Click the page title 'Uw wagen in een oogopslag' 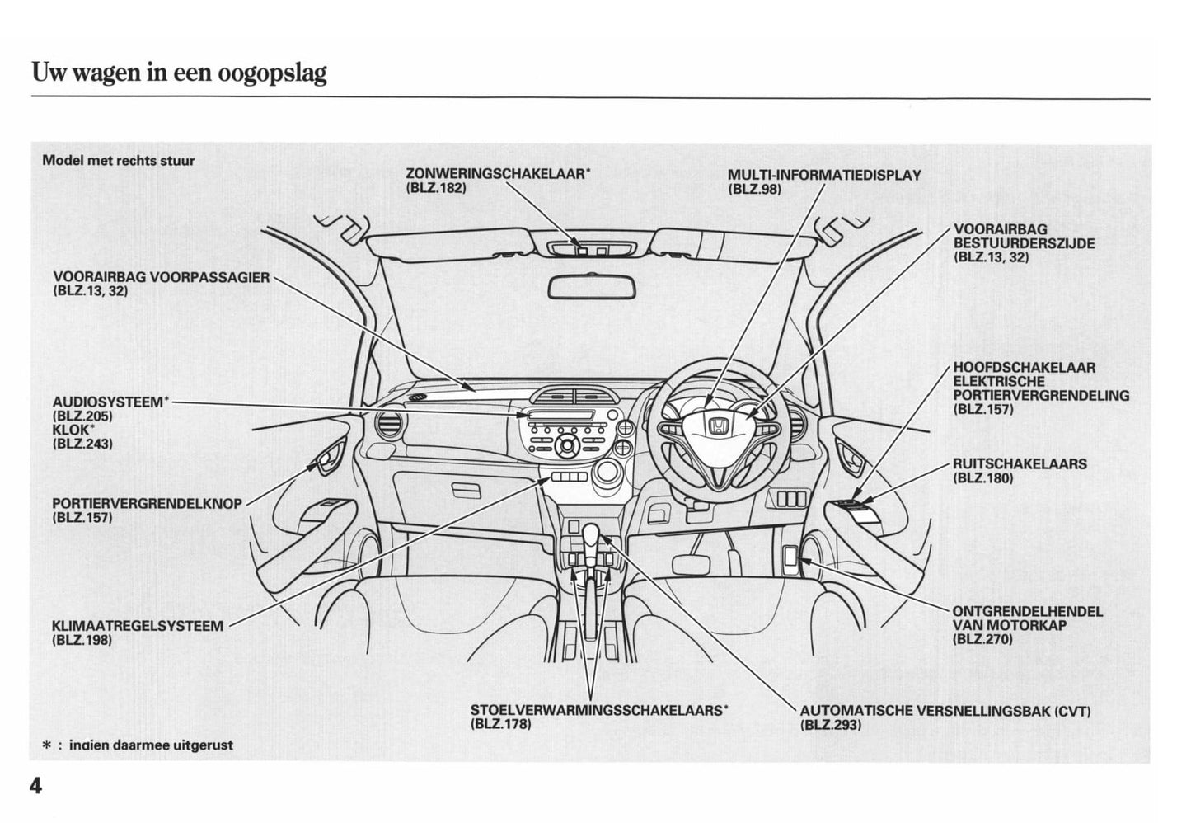tap(179, 73)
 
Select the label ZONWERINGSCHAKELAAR tap(497, 174)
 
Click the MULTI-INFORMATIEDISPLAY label tap(824, 175)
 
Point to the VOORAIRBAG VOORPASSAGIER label tap(161, 278)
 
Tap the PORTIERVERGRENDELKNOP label tap(147, 504)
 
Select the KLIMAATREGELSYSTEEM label tap(137, 626)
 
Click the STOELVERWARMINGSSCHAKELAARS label tap(598, 710)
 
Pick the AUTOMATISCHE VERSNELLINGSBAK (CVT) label tap(945, 711)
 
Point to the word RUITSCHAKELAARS tap(1020, 464)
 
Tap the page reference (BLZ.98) tap(754, 189)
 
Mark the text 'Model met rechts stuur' tap(118, 161)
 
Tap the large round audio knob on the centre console tap(567, 446)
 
